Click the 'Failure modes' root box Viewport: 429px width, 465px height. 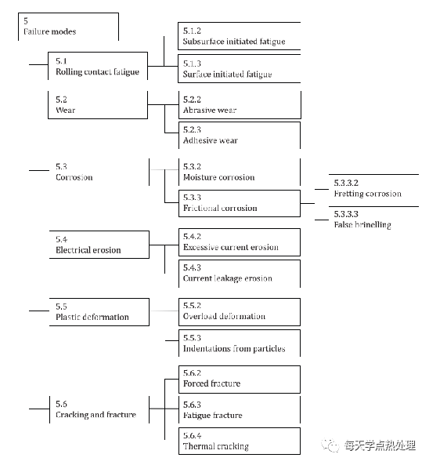point(68,27)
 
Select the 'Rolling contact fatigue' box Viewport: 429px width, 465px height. point(98,66)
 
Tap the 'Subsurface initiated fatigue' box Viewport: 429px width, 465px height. point(240,36)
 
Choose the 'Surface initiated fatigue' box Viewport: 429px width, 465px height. point(240,68)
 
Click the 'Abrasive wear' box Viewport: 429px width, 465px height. point(240,105)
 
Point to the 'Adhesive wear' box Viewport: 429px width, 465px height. point(240,135)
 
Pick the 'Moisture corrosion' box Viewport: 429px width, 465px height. point(240,172)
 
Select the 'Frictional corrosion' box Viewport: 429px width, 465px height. point(240,203)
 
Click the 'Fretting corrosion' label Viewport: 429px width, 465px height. point(368,194)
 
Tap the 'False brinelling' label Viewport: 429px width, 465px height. point(362,225)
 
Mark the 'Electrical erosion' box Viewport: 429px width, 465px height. point(99,245)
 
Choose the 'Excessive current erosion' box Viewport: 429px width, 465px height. point(240,242)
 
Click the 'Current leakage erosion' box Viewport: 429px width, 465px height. point(240,274)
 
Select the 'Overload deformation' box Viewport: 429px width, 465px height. point(240,312)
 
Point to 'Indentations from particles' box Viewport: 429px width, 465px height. point(240,343)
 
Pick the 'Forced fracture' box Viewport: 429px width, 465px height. point(240,380)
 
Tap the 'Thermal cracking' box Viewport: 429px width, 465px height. point(240,441)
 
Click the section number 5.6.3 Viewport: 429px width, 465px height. point(192,405)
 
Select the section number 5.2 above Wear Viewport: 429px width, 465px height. point(61,100)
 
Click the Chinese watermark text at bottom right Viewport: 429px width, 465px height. point(380,445)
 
